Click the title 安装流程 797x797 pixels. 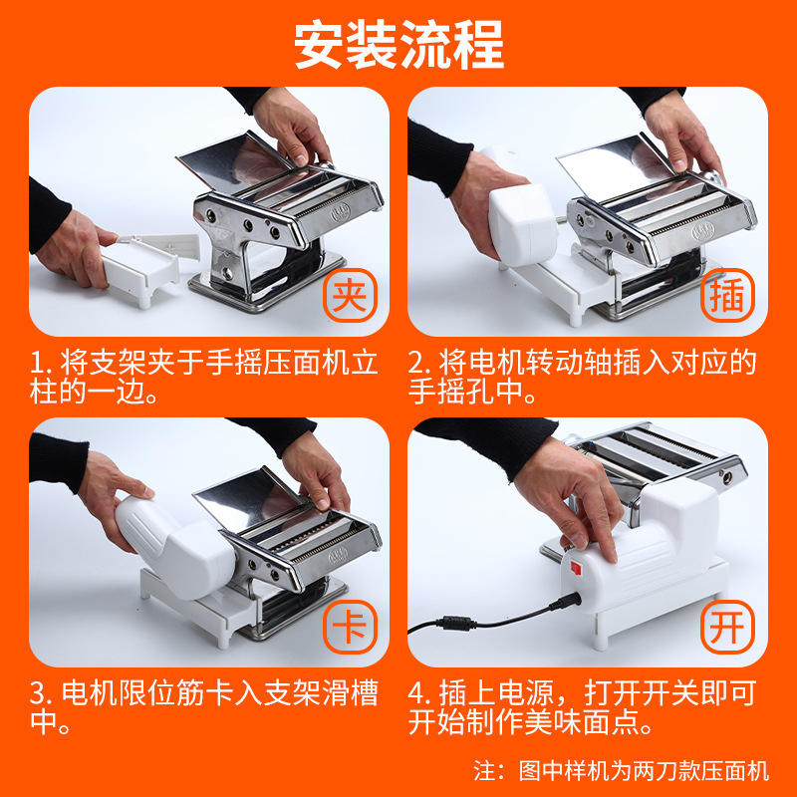[398, 44]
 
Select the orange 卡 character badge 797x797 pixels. [348, 628]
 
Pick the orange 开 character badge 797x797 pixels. [728, 628]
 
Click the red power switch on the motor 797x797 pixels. [574, 569]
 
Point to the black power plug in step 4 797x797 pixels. [553, 604]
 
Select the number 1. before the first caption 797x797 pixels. [40, 362]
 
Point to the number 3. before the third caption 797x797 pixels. [40, 692]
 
